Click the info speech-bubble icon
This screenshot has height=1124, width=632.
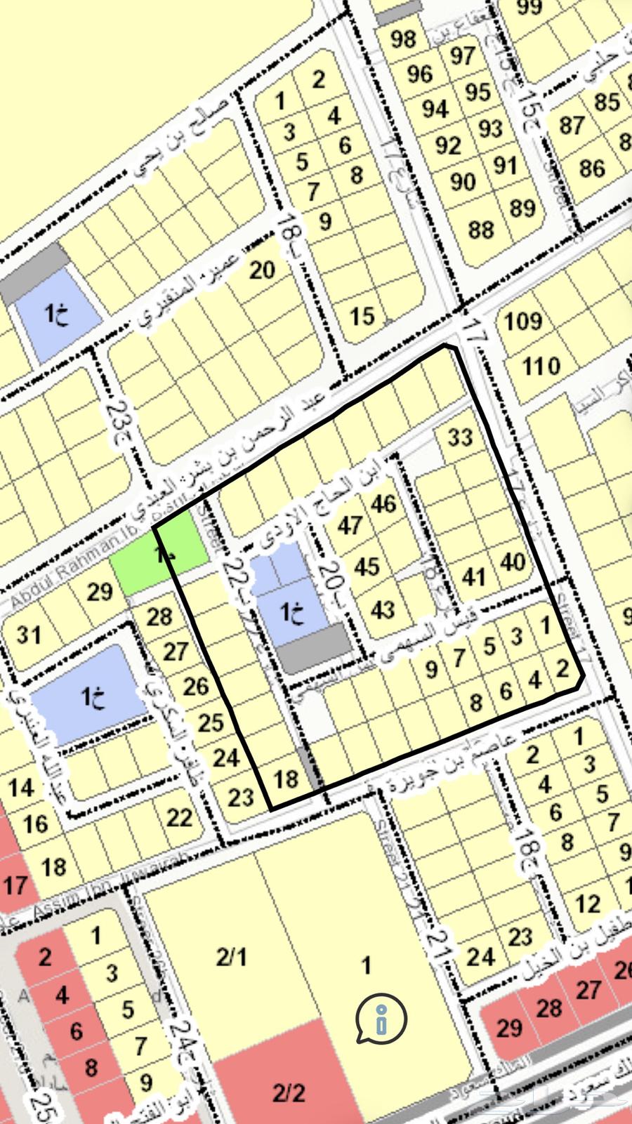[380, 1018]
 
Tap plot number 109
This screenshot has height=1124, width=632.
[523, 322]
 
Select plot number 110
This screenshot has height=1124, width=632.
[541, 366]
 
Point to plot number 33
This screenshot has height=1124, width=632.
[460, 437]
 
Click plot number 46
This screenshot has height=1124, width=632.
[383, 503]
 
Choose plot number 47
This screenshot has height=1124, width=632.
[349, 525]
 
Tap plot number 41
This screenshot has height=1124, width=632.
[474, 576]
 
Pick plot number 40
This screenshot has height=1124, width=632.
[513, 562]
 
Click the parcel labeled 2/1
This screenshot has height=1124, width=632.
[231, 957]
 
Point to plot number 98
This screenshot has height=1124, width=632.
[403, 39]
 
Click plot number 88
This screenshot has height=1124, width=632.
[481, 230]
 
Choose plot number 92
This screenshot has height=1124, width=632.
[448, 145]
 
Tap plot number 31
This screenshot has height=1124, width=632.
[29, 635]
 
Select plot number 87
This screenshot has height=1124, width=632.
[572, 125]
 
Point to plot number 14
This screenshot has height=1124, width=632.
[21, 787]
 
